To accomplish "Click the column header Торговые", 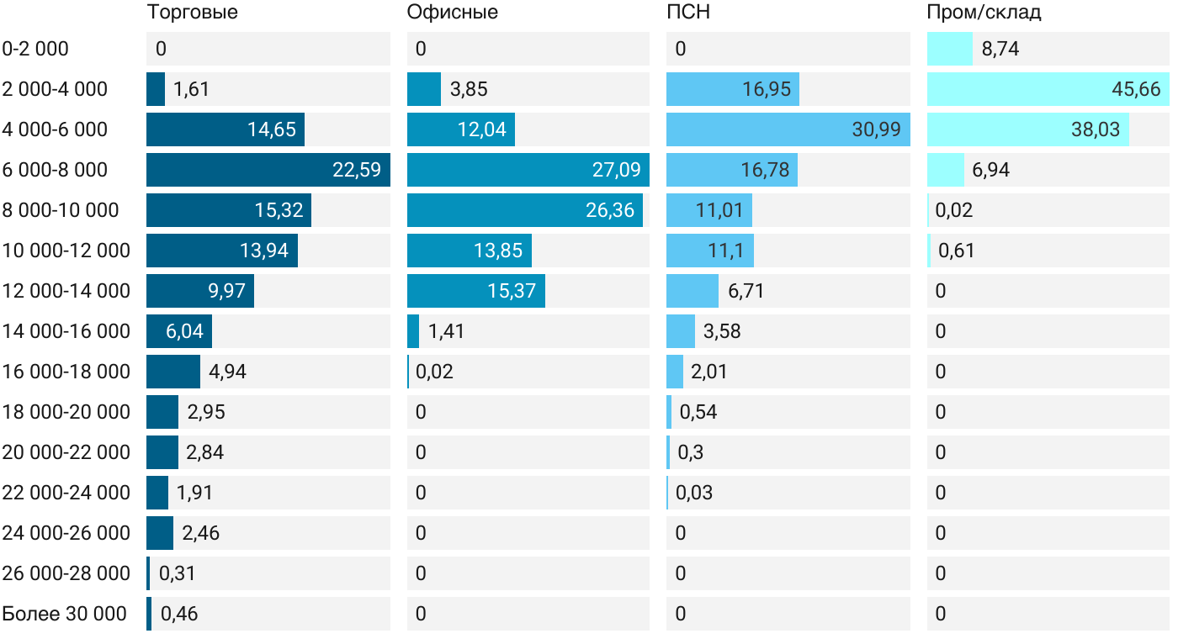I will tap(192, 13).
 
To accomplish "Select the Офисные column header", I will tap(452, 13).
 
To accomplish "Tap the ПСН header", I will tap(688, 13).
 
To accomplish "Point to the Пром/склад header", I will tap(984, 13).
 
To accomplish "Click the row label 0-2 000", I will tap(35, 49).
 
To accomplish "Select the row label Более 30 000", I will tap(65, 614).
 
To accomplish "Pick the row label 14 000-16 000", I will tap(66, 331).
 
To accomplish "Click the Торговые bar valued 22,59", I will tap(268, 170).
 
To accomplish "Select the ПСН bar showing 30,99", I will tap(788, 129).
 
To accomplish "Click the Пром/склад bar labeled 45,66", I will tap(1048, 89).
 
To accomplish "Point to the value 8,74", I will tap(1000, 49).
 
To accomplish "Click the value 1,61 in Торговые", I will tap(192, 89).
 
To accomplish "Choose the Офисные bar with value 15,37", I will tap(475, 291).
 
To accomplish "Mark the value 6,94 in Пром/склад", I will tap(991, 170).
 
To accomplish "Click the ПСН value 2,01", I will tap(709, 372).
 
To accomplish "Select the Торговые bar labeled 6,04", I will tap(178, 331).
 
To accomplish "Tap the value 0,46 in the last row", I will tap(179, 614).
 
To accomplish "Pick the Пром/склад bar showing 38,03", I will tap(1027, 129).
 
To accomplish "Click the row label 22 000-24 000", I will tap(66, 493).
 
